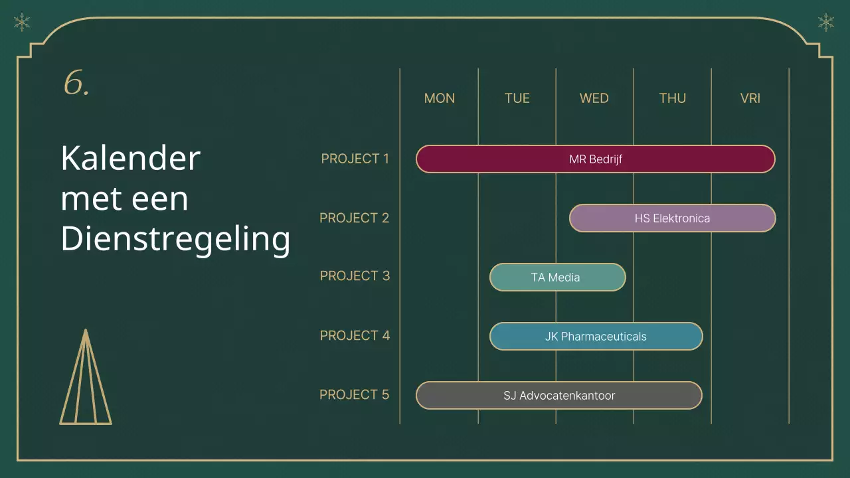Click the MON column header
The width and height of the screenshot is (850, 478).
pos(440,98)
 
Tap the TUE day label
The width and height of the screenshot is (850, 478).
pos(517,98)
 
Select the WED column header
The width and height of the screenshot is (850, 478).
pos(594,98)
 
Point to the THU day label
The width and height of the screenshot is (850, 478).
pos(673,98)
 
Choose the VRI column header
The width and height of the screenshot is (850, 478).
pos(750,98)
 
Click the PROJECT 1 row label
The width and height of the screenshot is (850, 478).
pos(355,159)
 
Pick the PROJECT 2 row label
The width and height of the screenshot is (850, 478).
pos(354,218)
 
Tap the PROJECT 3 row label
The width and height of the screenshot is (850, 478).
pos(355,276)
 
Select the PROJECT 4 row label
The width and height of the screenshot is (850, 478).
pos(355,335)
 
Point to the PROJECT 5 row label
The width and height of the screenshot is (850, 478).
pos(354,394)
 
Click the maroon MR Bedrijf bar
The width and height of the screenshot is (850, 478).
pos(596,159)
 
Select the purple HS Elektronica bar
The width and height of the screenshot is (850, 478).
pos(673,218)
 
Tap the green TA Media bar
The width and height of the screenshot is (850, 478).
pos(557,278)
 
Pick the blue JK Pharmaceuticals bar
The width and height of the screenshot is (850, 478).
pos(596,337)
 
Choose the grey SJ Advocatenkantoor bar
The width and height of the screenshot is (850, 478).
pos(559,395)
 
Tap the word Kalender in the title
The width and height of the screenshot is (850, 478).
pos(131,158)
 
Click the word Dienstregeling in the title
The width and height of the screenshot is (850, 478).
pos(175,239)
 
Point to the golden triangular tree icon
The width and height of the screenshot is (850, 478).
pos(86,376)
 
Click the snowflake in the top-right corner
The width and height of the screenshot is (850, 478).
pos(825,23)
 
